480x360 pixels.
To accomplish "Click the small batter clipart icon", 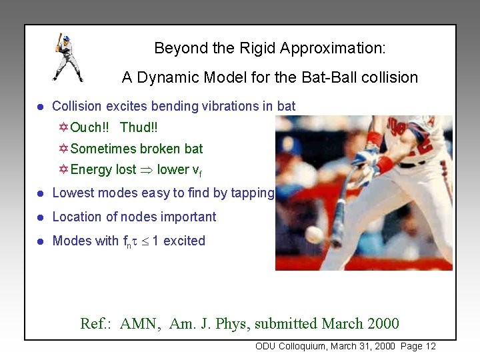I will click(x=67, y=57).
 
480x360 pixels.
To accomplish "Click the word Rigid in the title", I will click(x=257, y=49).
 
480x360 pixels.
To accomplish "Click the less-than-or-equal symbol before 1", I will click(x=143, y=241).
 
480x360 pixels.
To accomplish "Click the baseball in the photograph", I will click(x=313, y=234).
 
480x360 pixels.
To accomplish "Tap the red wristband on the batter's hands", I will click(x=385, y=164).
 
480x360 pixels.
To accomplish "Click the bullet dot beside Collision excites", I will click(x=40, y=107).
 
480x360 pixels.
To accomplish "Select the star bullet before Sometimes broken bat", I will click(x=63, y=149).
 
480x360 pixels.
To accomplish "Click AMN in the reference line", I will click(x=140, y=324).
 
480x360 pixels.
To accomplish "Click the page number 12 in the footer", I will click(x=429, y=346).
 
